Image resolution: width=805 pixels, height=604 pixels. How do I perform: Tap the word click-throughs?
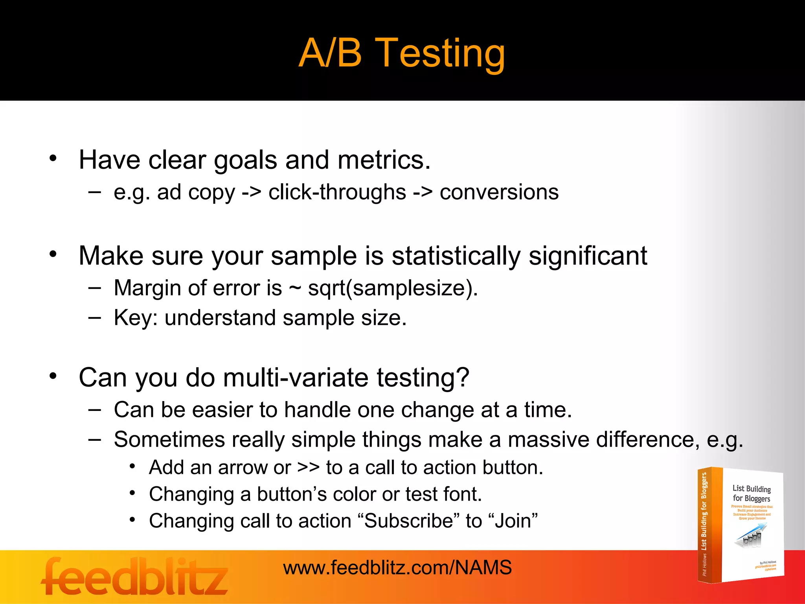tap(337, 193)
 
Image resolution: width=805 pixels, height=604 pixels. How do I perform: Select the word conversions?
tap(499, 193)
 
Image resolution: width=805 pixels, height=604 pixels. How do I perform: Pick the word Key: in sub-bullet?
tap(135, 318)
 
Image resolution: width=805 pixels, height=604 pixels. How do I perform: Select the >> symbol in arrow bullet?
tap(309, 468)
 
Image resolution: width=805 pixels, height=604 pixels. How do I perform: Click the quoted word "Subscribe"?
tap(410, 521)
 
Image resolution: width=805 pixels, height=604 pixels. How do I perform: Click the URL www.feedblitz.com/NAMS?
tap(397, 568)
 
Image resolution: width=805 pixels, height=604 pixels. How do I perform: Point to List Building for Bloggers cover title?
tap(751, 494)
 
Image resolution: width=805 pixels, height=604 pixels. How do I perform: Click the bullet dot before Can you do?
tap(53, 376)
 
